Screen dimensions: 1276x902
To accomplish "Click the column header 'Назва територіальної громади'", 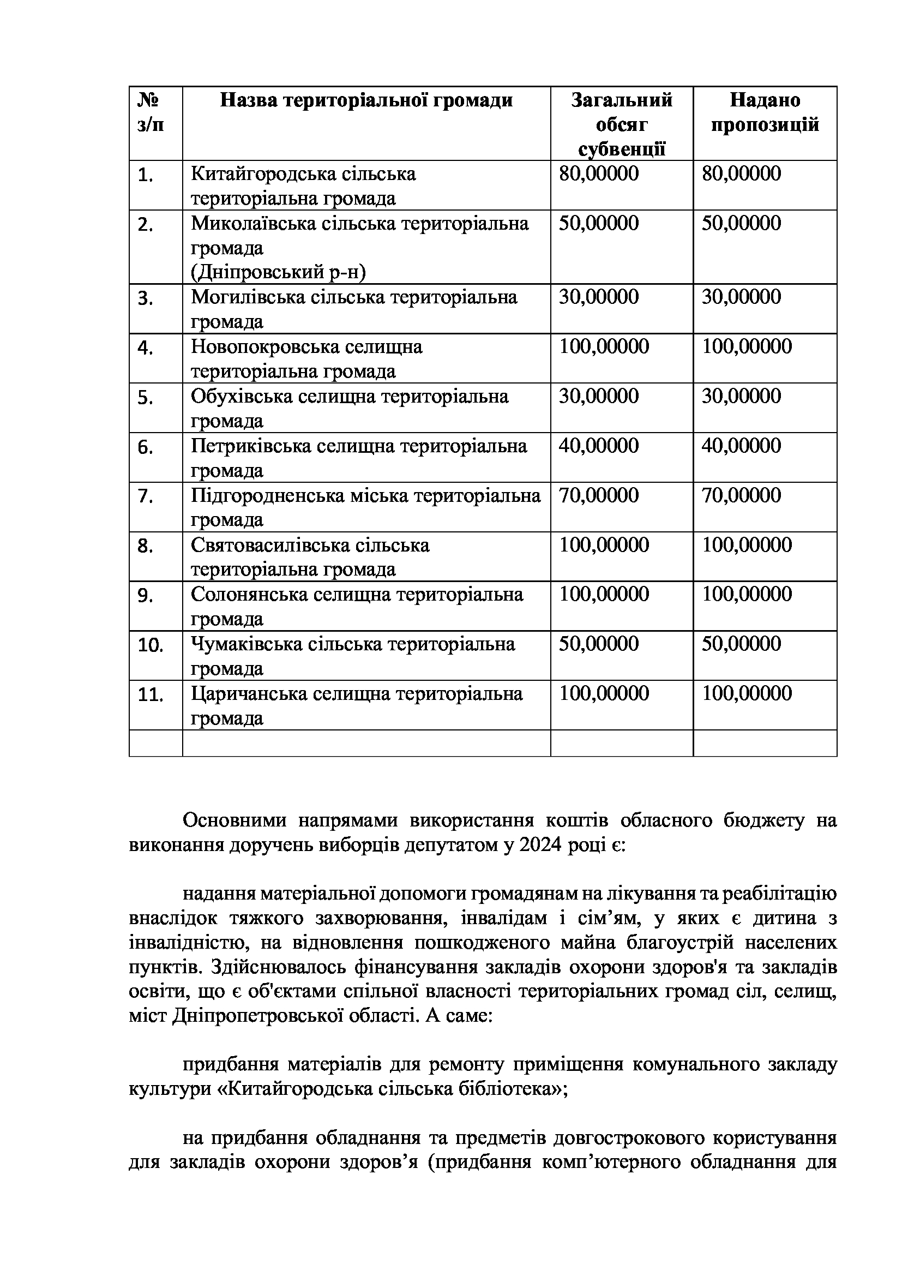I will tap(366, 100).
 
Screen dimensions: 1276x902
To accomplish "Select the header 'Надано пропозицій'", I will tap(765, 112).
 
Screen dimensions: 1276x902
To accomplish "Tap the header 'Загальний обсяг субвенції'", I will tap(622, 124).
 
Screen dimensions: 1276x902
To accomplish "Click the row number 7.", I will tap(146, 496).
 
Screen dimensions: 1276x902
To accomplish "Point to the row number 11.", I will tap(150, 694).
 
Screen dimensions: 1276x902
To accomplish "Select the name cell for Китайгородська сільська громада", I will tap(303, 185).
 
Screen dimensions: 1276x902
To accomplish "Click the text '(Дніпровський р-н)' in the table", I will tap(278, 272).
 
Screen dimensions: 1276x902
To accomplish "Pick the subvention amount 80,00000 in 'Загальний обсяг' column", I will tap(599, 173).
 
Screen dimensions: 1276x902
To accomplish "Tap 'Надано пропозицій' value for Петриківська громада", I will tap(741, 446).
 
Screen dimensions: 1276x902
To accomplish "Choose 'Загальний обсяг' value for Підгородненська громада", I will tap(599, 495).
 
